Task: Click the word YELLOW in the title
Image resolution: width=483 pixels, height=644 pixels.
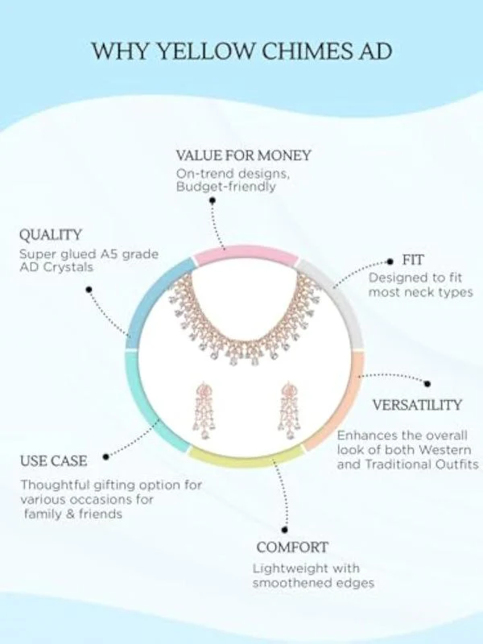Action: click(206, 51)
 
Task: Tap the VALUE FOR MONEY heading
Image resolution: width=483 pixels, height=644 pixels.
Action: click(244, 155)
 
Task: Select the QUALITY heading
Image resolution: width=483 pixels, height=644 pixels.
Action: click(50, 235)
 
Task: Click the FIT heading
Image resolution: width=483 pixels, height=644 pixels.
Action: click(412, 260)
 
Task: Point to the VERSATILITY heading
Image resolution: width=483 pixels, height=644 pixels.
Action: click(417, 405)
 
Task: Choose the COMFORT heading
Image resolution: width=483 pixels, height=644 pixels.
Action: click(292, 547)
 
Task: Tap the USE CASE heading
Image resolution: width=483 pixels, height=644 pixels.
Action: click(53, 460)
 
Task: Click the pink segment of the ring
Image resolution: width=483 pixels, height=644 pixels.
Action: click(246, 254)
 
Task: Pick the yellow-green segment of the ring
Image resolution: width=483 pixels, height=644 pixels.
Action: click(246, 458)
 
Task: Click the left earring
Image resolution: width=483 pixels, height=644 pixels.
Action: click(204, 411)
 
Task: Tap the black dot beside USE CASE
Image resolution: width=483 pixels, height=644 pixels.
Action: click(106, 456)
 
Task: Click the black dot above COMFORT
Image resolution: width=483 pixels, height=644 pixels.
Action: click(285, 530)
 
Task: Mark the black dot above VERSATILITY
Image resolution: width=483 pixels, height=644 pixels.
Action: click(427, 384)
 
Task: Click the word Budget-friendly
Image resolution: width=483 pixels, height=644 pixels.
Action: click(226, 188)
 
